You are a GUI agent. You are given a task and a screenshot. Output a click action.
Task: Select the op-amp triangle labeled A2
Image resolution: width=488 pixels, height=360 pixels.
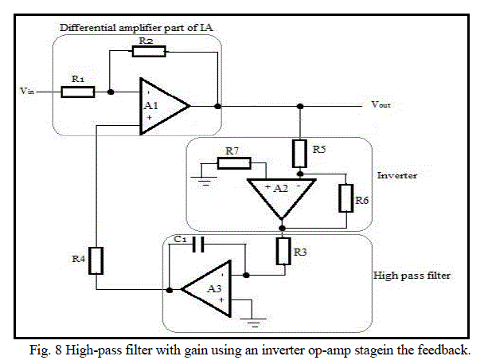click(281, 194)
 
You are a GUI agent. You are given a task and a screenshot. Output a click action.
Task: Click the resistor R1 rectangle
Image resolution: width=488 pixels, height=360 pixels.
click(77, 92)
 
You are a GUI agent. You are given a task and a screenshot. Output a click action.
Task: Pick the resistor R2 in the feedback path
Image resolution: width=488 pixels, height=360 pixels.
click(149, 51)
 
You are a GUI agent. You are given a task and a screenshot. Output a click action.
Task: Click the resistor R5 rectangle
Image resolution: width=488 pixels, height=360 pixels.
click(299, 151)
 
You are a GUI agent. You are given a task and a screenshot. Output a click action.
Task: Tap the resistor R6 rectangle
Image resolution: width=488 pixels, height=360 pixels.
click(345, 197)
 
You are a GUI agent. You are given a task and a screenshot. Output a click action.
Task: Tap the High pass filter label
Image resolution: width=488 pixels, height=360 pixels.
click(412, 276)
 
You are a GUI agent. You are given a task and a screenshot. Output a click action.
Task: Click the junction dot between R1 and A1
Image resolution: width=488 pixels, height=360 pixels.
click(111, 92)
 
